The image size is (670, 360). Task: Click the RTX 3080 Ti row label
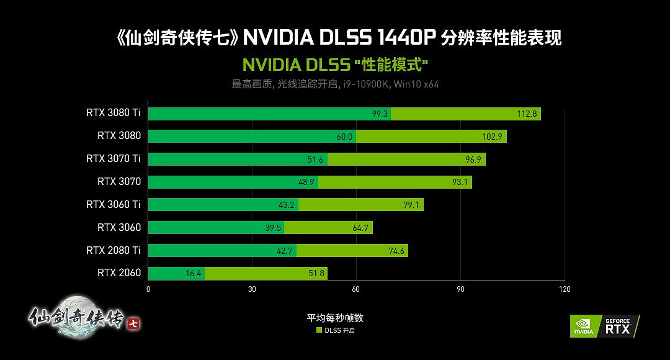114,113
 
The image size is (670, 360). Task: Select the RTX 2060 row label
119,272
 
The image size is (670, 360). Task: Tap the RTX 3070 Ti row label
114,158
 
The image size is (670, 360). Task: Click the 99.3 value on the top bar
380,114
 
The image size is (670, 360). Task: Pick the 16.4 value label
194,273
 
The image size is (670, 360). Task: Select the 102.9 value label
492,137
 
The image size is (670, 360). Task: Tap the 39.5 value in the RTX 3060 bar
273,228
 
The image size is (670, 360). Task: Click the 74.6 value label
396,251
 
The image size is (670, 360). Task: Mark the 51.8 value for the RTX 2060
315,273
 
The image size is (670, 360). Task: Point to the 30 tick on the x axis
252,289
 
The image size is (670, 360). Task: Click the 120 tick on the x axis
563,289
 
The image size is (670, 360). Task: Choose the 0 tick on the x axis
148,289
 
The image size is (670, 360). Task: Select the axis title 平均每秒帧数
335,318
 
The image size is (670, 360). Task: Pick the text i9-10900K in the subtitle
365,84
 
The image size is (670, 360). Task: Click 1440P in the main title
405,38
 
